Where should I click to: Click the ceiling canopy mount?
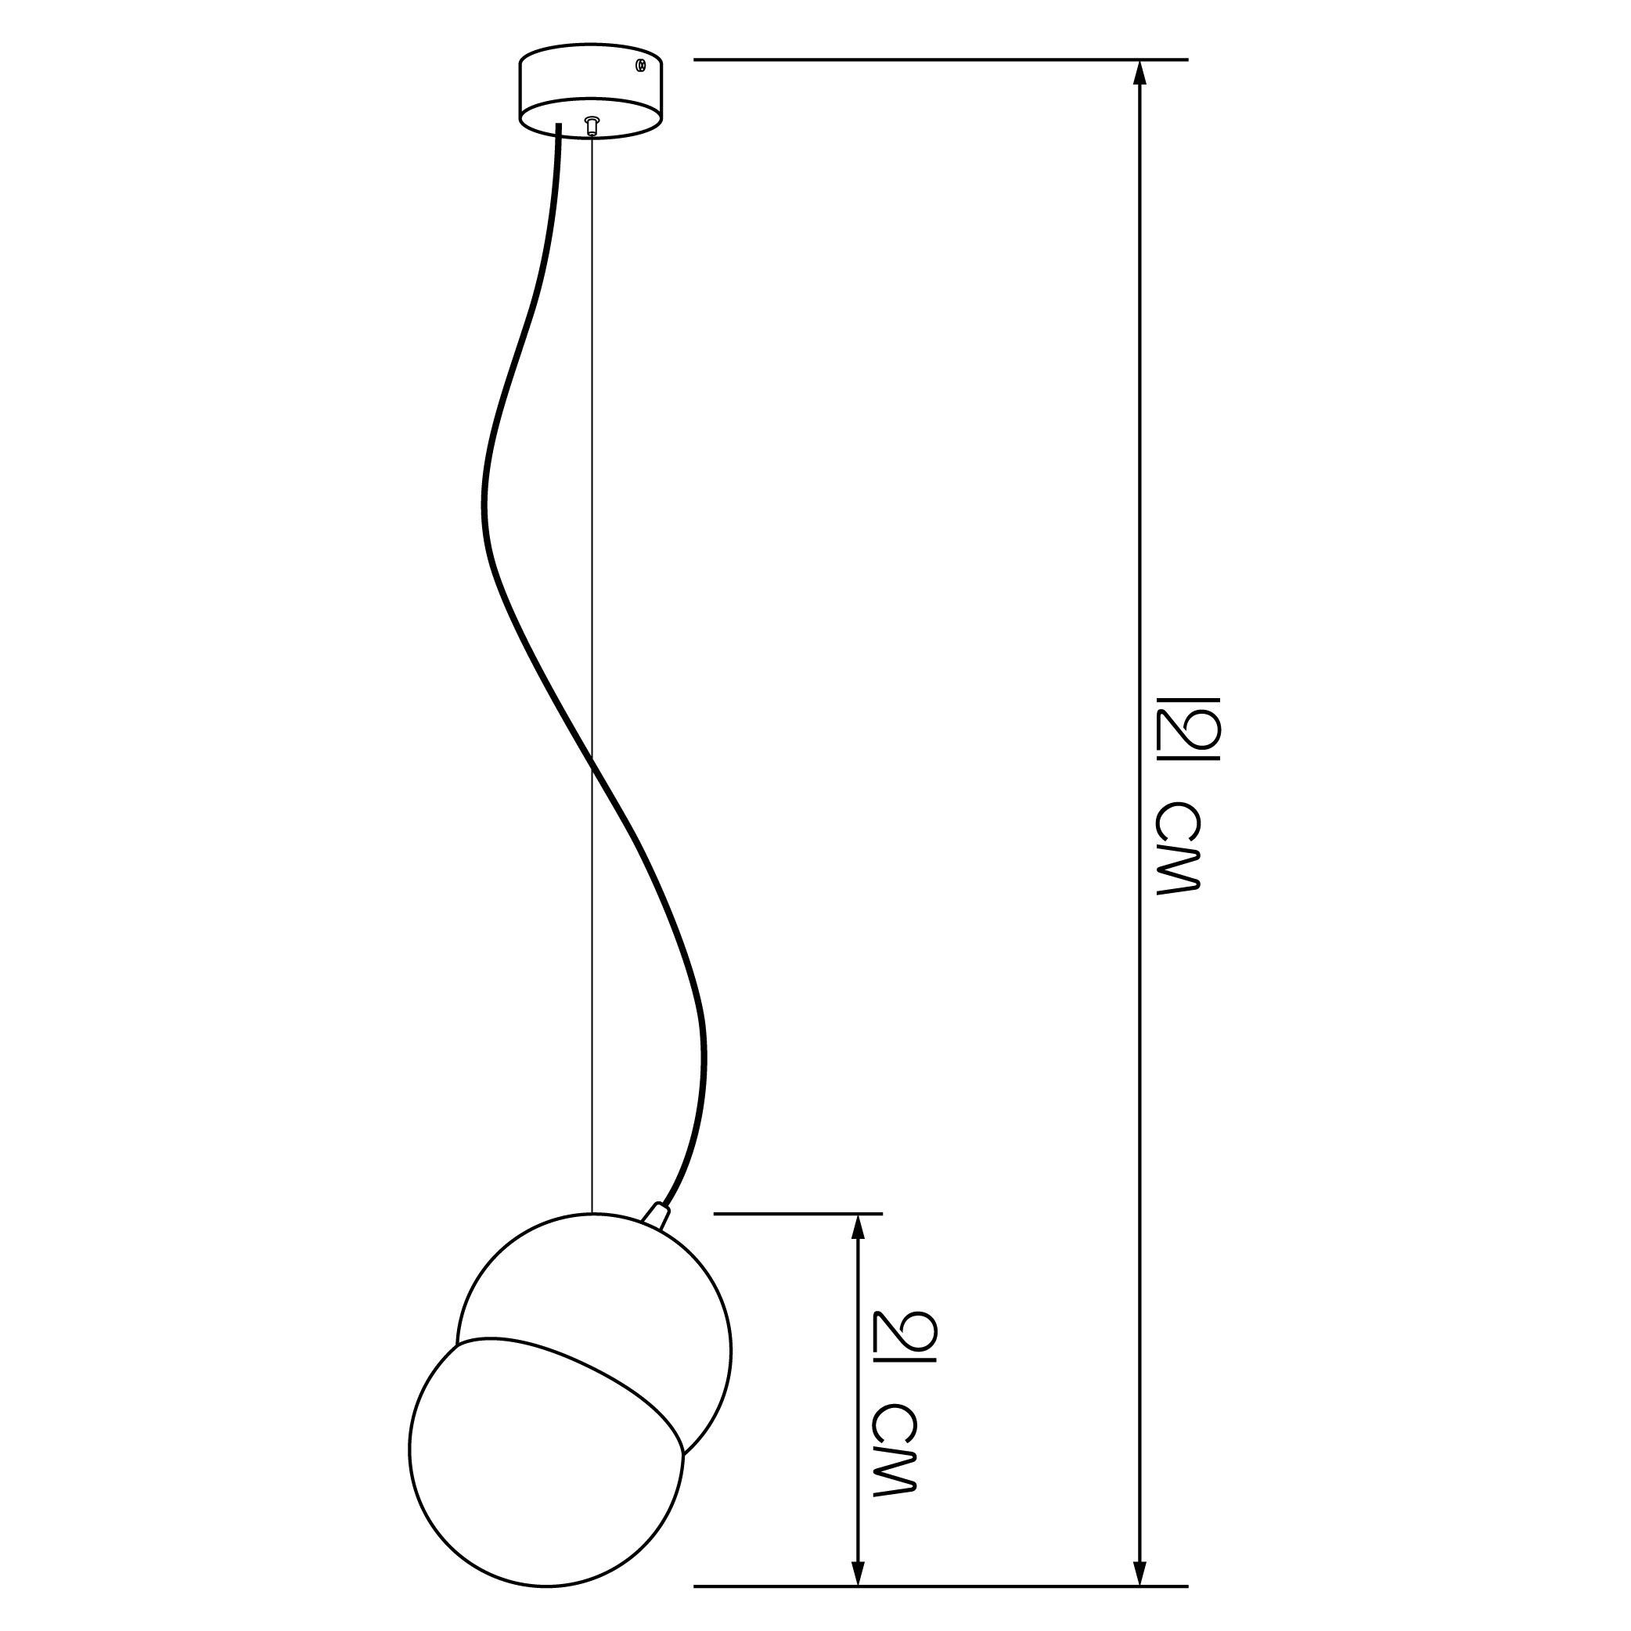[x=591, y=91]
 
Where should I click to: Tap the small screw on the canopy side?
[x=641, y=64]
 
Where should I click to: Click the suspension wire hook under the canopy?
[x=592, y=125]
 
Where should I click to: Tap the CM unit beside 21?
[x=893, y=1451]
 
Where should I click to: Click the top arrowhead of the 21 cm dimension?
[x=859, y=1226]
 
